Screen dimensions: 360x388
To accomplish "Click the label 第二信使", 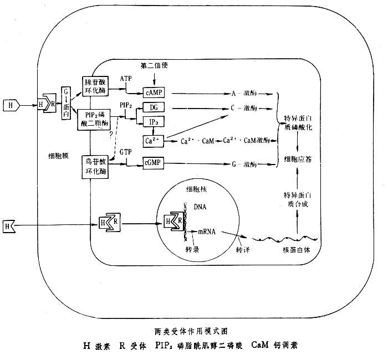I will click(154, 66).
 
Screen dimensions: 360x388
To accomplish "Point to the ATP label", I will click(127, 79).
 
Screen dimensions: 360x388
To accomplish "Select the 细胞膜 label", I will click(59, 156).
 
